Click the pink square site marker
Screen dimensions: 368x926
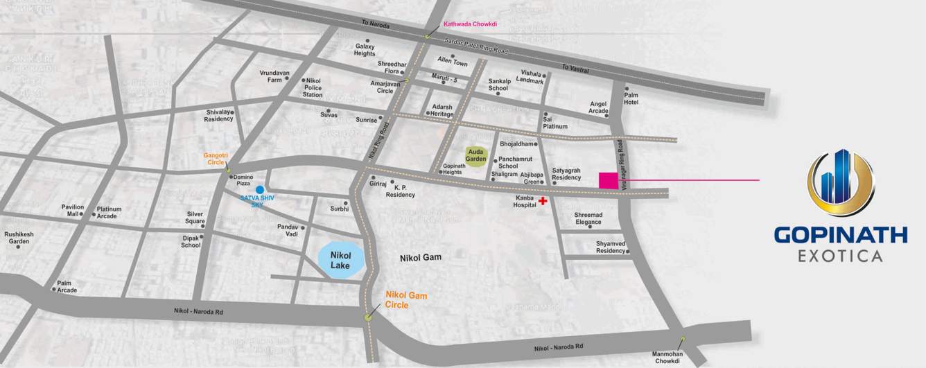(x=609, y=180)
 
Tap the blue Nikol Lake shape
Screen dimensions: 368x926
(x=340, y=261)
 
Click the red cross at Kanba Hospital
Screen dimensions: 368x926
(x=543, y=201)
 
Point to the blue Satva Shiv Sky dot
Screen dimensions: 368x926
(x=259, y=189)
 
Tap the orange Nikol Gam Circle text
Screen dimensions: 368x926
(x=406, y=300)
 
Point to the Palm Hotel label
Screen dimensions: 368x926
(x=631, y=98)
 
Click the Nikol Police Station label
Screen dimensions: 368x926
(x=313, y=87)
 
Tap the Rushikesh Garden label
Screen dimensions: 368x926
(x=19, y=238)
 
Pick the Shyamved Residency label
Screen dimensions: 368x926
(x=611, y=247)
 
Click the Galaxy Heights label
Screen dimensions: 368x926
(x=365, y=50)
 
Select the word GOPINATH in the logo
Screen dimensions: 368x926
(x=840, y=236)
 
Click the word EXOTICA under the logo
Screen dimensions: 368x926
(x=840, y=256)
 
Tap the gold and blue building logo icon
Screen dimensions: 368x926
(x=839, y=182)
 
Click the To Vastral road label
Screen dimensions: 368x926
(x=575, y=68)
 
